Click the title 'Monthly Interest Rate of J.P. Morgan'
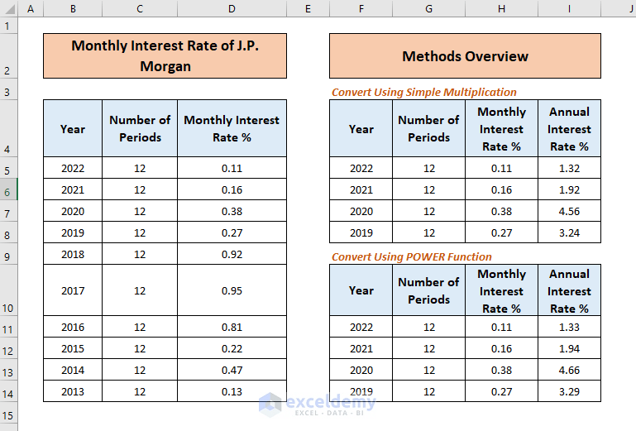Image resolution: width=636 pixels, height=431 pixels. point(165,56)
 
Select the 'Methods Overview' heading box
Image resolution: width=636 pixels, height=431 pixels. point(465,56)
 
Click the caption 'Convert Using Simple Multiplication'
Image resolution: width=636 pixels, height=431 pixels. point(423,92)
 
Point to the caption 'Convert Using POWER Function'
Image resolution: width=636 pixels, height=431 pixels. point(411,256)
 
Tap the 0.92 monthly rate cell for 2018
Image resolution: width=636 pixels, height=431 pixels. point(232,254)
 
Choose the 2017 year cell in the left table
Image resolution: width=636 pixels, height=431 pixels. point(73,290)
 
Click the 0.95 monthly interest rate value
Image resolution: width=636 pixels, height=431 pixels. point(232,290)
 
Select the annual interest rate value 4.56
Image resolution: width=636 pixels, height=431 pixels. point(569,211)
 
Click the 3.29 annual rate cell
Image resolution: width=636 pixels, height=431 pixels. point(569,391)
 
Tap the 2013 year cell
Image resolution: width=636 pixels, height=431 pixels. point(73,391)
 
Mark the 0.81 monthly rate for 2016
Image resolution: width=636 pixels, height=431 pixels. point(232,327)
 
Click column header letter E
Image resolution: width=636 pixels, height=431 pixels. point(308,8)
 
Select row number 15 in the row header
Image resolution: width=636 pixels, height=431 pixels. point(8,414)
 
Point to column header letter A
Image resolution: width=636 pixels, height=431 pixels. point(31,8)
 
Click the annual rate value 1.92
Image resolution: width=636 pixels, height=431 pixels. point(569,189)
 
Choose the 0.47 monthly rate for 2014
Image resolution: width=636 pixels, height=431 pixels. point(232,370)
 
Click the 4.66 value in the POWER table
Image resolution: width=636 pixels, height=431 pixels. point(569,370)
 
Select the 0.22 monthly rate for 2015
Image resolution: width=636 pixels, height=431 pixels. point(232,348)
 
